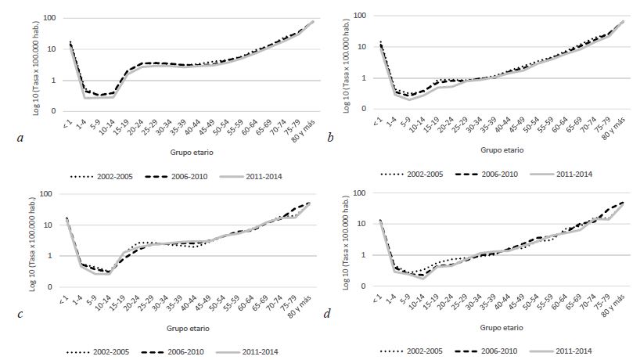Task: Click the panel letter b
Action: tap(332, 137)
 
